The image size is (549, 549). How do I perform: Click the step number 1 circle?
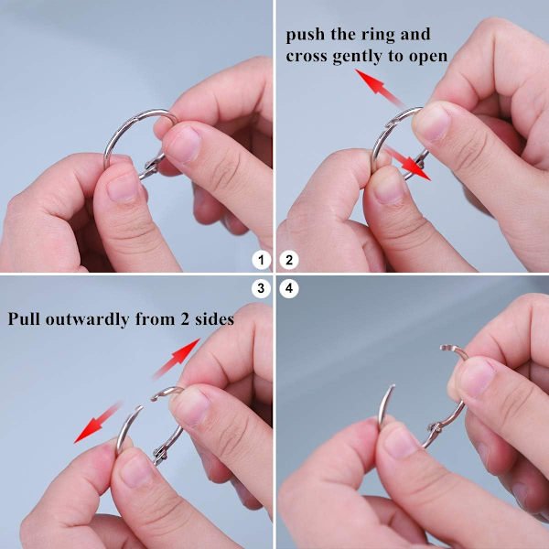coord(261,260)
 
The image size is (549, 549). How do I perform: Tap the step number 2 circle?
coord(289,260)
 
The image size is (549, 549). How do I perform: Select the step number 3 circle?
coord(261,288)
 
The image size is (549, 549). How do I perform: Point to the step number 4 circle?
coord(289,288)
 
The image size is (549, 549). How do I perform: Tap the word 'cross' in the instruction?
coord(307,57)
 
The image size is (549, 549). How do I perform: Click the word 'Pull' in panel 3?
coord(24,318)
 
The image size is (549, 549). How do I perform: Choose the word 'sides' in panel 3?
coord(214,319)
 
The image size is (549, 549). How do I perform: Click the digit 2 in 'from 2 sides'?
coord(185,319)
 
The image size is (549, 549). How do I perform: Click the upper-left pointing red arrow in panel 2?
coord(380,88)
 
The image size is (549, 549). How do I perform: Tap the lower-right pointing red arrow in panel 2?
coord(407,163)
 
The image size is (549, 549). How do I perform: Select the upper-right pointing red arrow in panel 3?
coord(177,358)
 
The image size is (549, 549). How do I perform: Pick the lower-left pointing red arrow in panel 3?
coord(98,423)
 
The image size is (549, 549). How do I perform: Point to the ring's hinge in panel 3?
coord(159,453)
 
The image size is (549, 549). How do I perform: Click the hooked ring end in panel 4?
coord(451,350)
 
